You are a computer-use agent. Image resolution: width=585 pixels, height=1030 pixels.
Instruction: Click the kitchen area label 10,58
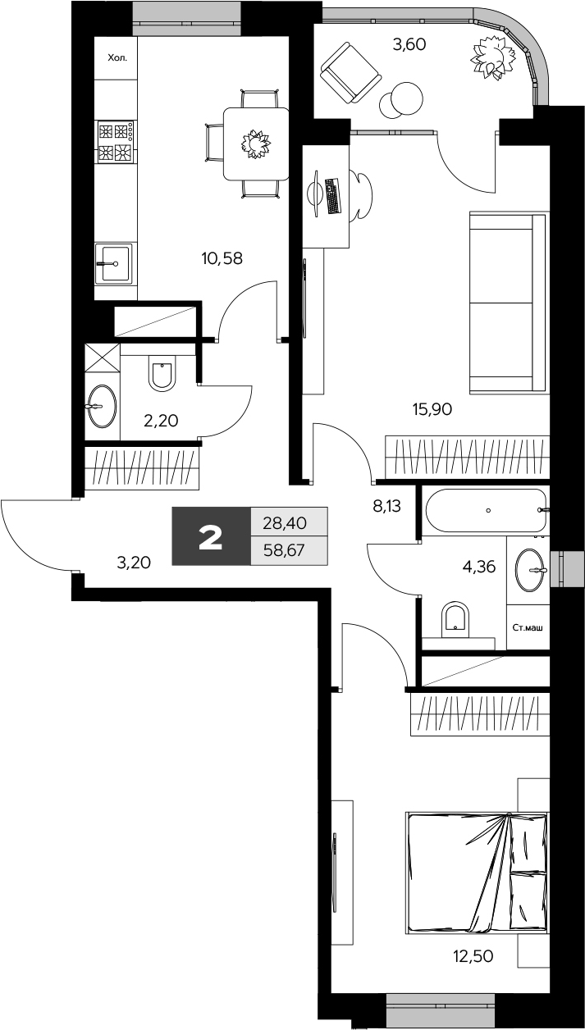tap(222, 259)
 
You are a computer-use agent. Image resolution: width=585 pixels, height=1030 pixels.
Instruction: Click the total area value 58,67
tap(283, 550)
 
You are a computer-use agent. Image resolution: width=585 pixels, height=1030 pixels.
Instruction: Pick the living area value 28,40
tap(283, 521)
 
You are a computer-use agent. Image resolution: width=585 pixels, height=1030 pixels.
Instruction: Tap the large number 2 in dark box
tap(211, 537)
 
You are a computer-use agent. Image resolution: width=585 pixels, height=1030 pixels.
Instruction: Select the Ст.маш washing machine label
tap(528, 628)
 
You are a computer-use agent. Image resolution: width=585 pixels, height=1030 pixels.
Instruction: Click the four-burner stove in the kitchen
tap(115, 141)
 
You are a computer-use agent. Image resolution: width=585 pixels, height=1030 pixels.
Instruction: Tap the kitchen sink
tap(115, 263)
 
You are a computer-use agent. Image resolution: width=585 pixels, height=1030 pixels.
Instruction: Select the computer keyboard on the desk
tap(332, 196)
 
